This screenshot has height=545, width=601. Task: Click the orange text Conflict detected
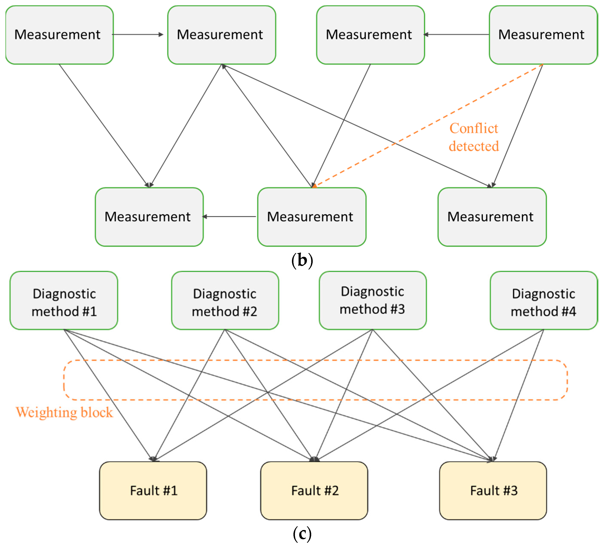pos(474,137)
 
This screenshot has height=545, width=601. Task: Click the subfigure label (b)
pos(302,260)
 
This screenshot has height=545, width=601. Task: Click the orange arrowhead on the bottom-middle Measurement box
pos(314,186)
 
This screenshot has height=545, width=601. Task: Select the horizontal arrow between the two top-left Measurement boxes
pos(138,35)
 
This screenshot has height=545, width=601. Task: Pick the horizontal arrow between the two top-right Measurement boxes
pos(456,35)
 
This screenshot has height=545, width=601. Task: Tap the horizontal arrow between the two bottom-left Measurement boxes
pos(229,217)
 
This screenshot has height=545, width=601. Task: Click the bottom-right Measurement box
pos(492,217)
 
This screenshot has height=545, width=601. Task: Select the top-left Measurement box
pos(59,35)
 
